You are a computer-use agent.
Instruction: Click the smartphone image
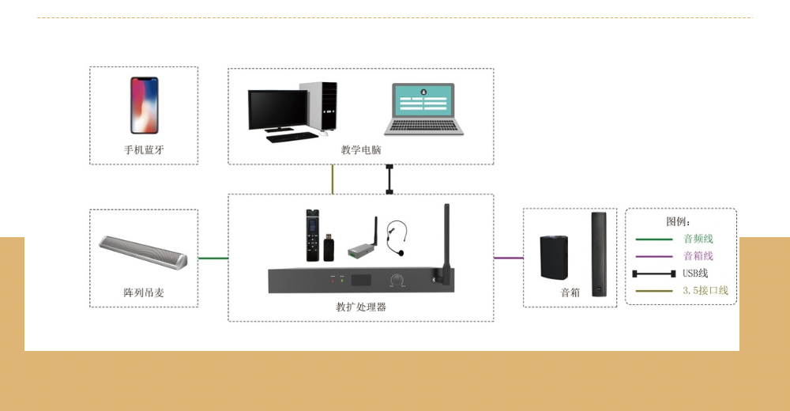tap(144, 105)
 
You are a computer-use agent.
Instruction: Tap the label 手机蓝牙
tap(144, 149)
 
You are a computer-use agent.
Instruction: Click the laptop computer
tap(423, 109)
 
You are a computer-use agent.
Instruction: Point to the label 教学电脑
tap(361, 149)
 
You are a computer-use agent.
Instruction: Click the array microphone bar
tap(143, 252)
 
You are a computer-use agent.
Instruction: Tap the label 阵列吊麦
tap(144, 292)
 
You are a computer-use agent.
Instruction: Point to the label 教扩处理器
tap(361, 307)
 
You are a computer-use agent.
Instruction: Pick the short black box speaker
tap(554, 257)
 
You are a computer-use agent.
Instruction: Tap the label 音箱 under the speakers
tap(570, 292)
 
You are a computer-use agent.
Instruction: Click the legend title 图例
tap(678, 222)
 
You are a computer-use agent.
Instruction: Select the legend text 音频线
tap(698, 239)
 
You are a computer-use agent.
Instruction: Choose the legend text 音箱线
tap(698, 256)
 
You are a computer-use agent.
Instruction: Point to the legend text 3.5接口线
tap(705, 291)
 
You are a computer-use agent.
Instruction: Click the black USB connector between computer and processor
tap(389, 179)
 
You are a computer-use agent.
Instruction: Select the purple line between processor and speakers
tap(508, 258)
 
